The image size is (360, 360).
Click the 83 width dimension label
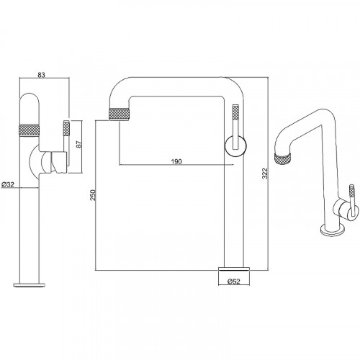41,75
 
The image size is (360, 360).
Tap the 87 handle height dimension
79,144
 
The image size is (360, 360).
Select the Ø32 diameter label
8,184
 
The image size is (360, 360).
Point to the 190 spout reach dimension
176,161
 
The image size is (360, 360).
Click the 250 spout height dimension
93,195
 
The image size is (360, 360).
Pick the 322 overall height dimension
265,174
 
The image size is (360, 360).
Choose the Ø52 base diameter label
233,281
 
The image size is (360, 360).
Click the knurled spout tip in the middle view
120,114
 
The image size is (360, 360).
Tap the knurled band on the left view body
29,130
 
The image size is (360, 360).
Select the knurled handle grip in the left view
66,128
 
